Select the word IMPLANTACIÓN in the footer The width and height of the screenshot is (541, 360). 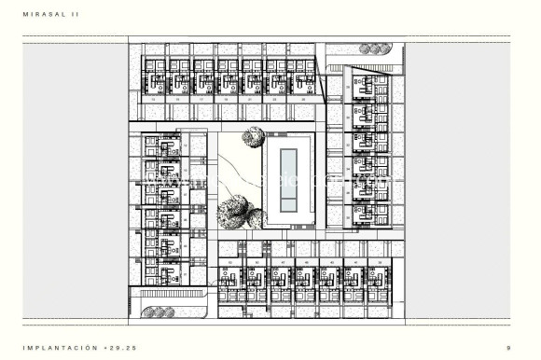coord(59,346)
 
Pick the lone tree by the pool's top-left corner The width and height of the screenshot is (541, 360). coord(252,138)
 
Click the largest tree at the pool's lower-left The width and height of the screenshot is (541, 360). coord(232,212)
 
